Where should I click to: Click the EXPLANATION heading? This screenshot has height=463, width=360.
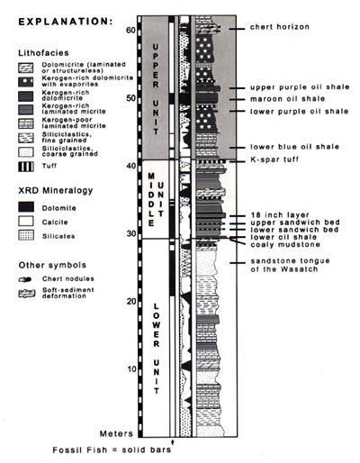click(x=66, y=22)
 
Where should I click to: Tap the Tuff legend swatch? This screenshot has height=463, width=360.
click(x=26, y=167)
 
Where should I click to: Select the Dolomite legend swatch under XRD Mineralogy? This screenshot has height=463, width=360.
click(x=26, y=207)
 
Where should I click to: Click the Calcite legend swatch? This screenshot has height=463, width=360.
click(x=26, y=222)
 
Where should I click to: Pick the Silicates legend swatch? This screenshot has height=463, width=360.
click(x=26, y=235)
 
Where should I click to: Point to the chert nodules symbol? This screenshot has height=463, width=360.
click(x=25, y=279)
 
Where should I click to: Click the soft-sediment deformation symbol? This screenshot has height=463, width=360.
click(x=27, y=294)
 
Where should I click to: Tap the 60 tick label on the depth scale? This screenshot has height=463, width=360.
click(x=131, y=30)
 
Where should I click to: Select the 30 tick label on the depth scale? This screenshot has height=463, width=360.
click(x=131, y=233)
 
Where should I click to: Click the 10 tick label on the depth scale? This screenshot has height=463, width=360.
click(x=131, y=369)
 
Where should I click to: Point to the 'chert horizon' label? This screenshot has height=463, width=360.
click(x=280, y=27)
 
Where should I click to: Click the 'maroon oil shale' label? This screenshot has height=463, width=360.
click(x=288, y=99)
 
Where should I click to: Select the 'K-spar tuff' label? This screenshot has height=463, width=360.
click(x=274, y=159)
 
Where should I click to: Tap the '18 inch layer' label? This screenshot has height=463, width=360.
click(x=280, y=215)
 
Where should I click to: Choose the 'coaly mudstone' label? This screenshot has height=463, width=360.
click(x=285, y=244)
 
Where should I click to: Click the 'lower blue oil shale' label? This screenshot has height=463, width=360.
click(x=295, y=147)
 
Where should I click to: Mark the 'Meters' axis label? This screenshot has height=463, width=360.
click(x=116, y=433)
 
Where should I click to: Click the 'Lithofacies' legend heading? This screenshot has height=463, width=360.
click(x=43, y=53)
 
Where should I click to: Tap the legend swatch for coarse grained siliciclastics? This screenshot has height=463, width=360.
click(x=26, y=152)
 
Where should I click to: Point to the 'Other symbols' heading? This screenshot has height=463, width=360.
click(x=52, y=265)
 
